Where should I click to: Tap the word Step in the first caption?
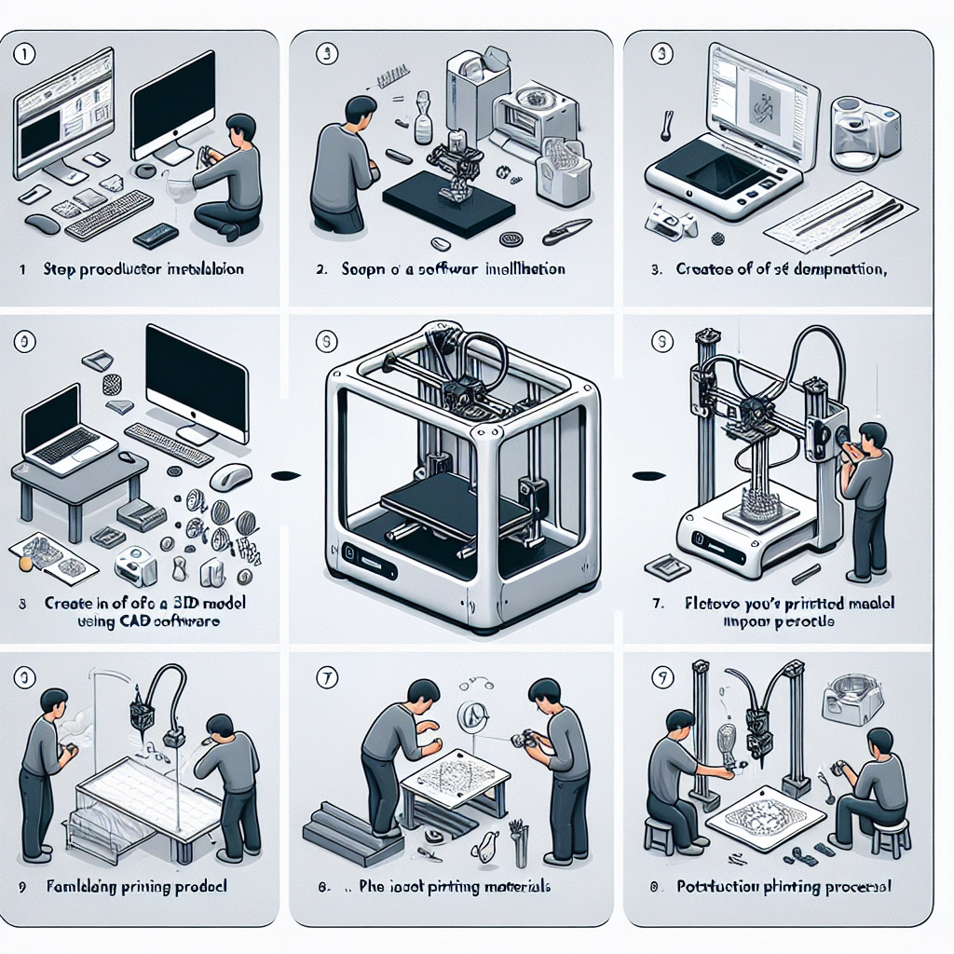[x=60, y=269]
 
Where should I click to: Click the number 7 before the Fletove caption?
[x=658, y=604]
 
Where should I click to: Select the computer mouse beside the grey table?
[x=231, y=477]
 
